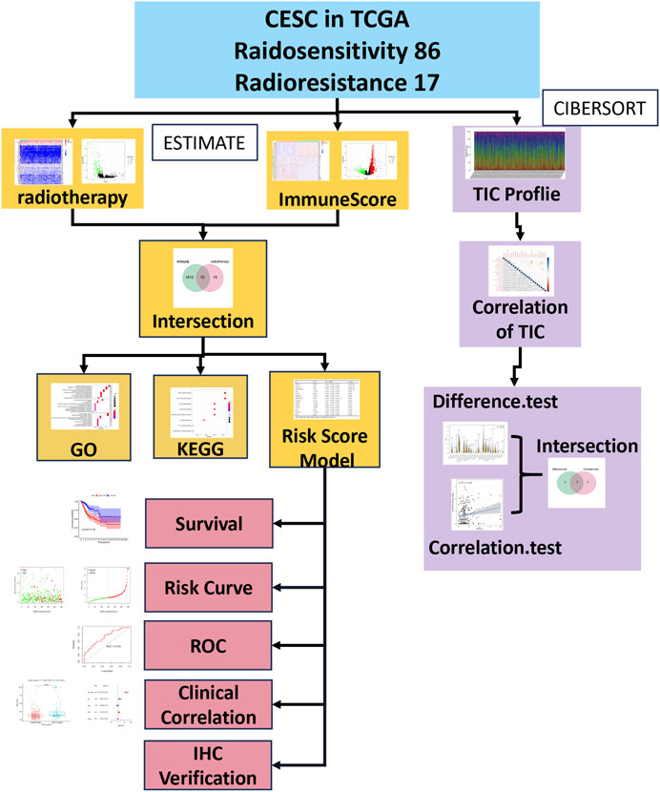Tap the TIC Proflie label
pos(516,198)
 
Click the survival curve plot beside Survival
pos(108,524)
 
